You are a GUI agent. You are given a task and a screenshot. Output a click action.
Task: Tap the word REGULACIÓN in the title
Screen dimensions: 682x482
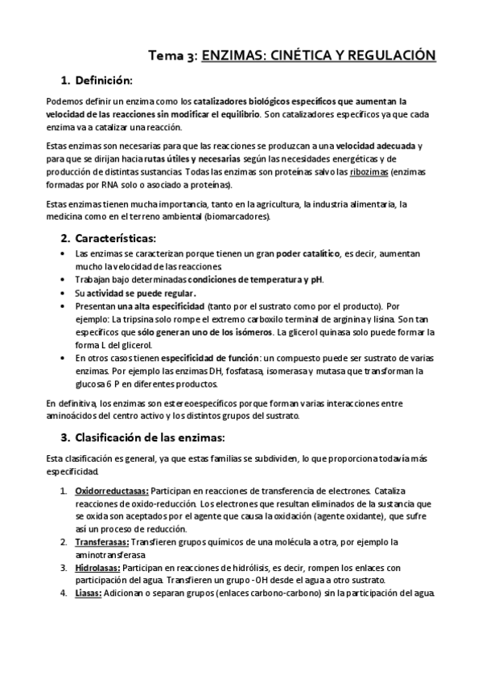point(389,55)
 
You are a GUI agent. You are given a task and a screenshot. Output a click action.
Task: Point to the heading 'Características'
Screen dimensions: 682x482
point(115,238)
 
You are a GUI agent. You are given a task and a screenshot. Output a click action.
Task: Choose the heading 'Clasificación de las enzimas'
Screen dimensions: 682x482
point(150,438)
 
